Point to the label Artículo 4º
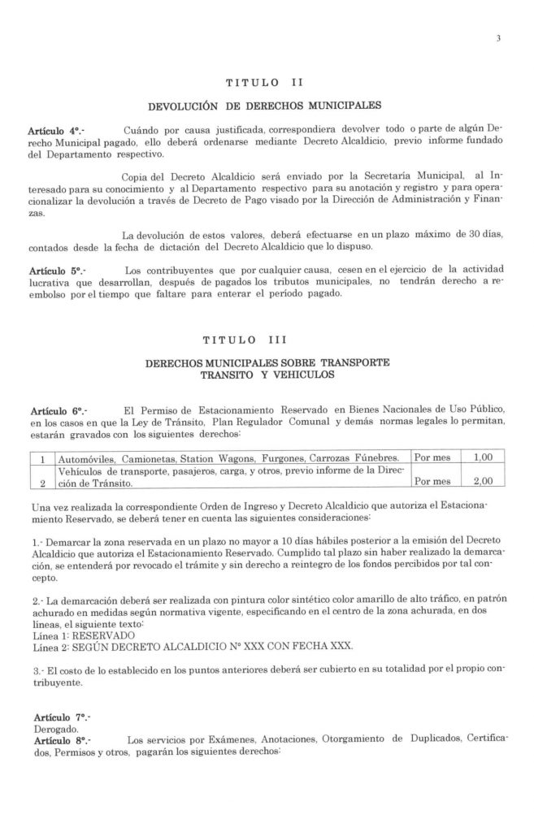(55, 131)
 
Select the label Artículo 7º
(55, 720)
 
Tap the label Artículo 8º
(55, 741)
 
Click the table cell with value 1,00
(483, 457)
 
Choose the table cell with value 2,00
(483, 481)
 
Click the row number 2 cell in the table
(41, 481)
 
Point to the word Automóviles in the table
(84, 457)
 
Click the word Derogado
(50, 730)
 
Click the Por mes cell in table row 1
(432, 457)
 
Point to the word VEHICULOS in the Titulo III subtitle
(293, 375)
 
